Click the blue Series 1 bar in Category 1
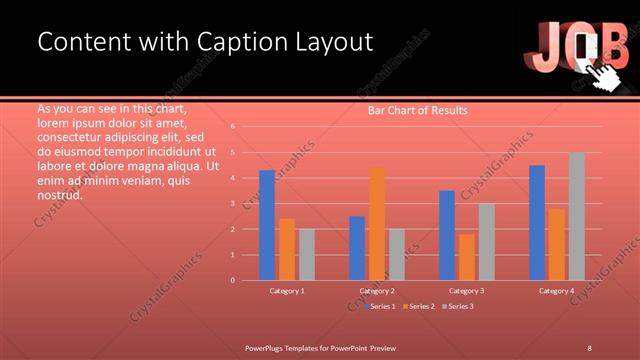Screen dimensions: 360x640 (x=267, y=225)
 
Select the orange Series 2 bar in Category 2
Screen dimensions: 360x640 (x=377, y=224)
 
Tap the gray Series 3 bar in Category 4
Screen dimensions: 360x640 (x=577, y=216)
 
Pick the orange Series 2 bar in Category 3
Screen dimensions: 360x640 (x=467, y=257)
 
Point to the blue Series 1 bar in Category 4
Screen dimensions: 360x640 (x=537, y=222)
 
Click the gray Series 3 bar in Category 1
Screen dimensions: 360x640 (x=307, y=254)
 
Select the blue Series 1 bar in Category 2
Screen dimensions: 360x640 (x=357, y=248)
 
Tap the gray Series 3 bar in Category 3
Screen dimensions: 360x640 (x=487, y=241)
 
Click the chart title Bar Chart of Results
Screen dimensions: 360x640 (x=417, y=110)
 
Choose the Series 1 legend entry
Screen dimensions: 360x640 (x=380, y=306)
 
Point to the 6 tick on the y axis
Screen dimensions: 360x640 (x=232, y=127)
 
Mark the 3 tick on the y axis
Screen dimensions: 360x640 (x=232, y=203)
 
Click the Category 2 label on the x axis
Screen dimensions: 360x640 (x=377, y=290)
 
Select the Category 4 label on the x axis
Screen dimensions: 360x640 (x=557, y=290)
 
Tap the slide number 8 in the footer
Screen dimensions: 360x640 (x=589, y=347)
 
